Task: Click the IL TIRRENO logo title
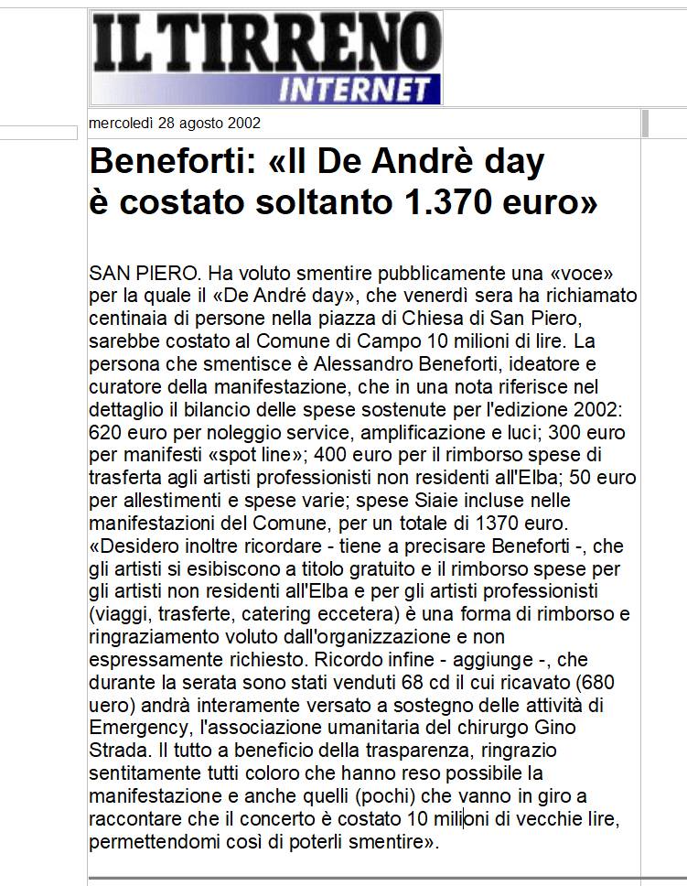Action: (x=265, y=44)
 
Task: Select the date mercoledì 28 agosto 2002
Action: (x=175, y=124)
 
